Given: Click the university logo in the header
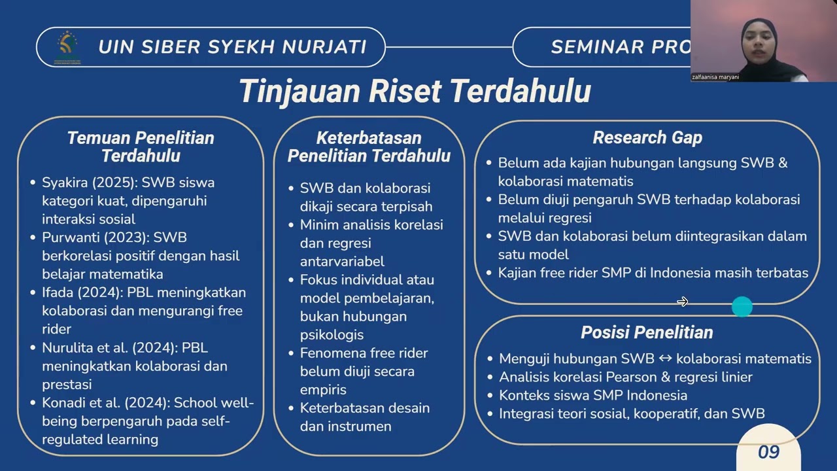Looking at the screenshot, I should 67,46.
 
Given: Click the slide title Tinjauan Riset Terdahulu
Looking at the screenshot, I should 415,91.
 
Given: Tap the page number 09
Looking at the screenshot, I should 768,452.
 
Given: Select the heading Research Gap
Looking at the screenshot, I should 647,137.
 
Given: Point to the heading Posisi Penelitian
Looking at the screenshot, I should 647,332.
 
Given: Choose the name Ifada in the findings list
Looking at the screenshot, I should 58,292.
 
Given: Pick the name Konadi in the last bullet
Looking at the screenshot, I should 65,403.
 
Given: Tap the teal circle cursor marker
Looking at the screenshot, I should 742,306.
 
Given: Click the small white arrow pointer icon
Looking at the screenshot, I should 682,302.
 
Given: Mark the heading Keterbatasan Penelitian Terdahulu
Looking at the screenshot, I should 369,147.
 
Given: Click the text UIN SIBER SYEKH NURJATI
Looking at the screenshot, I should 232,47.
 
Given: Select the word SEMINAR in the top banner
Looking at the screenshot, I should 597,47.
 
